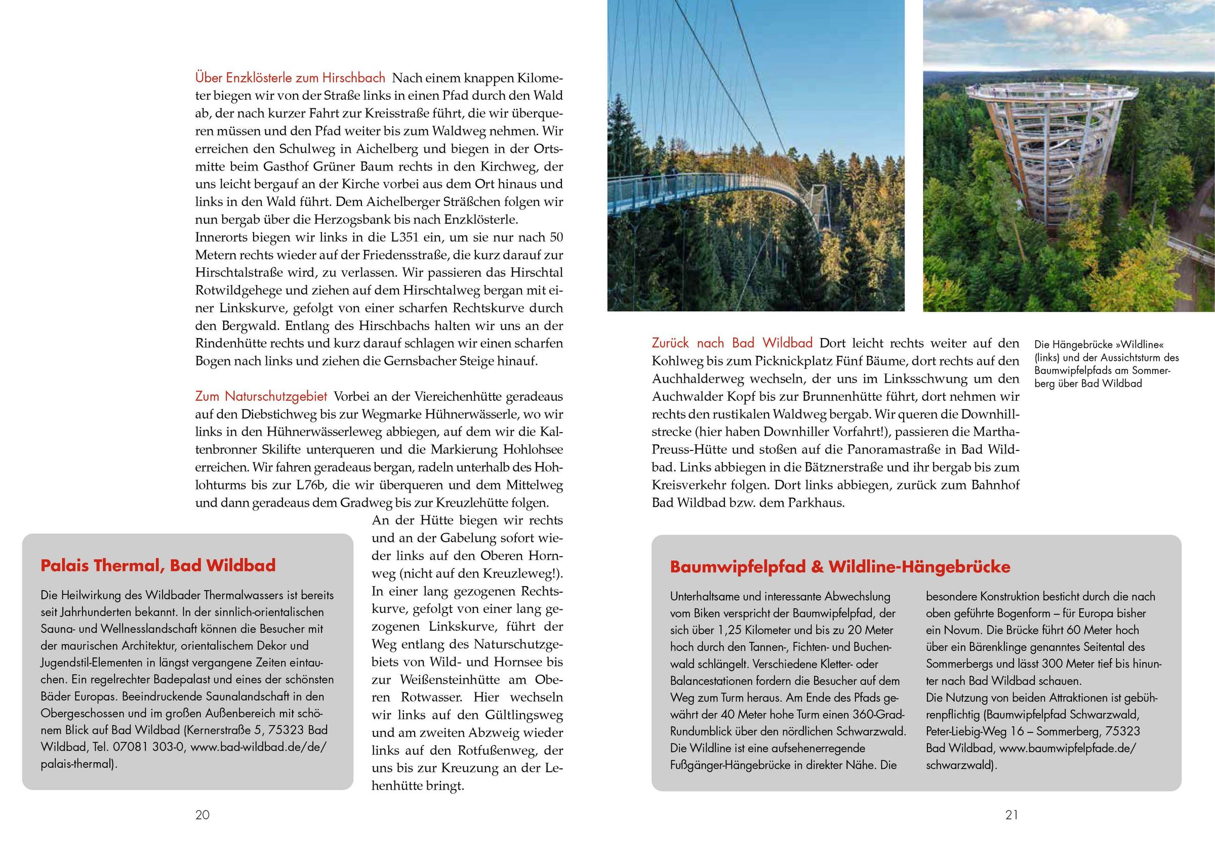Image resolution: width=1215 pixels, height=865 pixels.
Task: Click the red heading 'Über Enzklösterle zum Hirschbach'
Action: tap(290, 78)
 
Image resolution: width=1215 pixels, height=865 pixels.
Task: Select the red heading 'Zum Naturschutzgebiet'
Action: tap(261, 396)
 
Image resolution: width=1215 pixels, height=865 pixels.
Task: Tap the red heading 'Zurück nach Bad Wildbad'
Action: tap(732, 343)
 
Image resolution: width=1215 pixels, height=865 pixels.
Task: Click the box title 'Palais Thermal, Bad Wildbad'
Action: tap(158, 565)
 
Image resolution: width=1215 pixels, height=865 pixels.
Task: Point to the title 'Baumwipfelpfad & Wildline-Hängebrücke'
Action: tap(840, 567)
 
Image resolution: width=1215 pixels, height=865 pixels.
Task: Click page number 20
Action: tap(202, 815)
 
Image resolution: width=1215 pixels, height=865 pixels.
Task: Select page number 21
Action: tap(1011, 815)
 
